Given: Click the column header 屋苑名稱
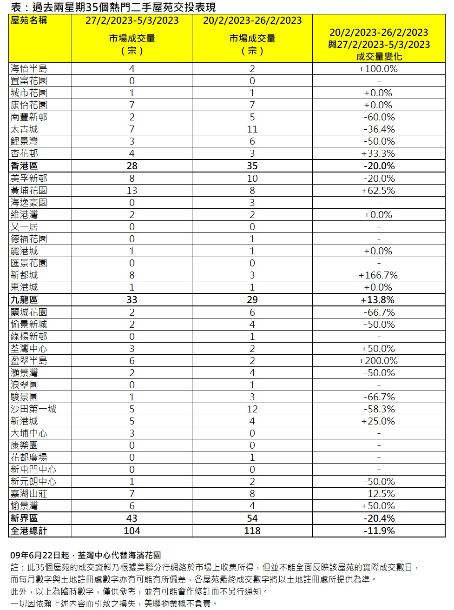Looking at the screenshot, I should pos(29,20).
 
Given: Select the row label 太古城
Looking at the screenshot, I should pos(24,129).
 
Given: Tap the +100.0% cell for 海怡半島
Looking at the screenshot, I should pos(378,69).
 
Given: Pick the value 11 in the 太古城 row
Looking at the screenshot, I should pos(252,129).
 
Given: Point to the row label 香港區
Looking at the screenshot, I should pos(24,166).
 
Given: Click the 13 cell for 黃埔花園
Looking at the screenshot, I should pos(132,191).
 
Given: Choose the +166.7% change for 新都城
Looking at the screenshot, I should pos(378,275).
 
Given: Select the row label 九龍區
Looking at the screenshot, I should pos(24,300).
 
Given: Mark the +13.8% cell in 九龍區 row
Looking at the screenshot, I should pos(378,300).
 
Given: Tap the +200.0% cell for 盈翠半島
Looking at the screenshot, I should pos(378,361).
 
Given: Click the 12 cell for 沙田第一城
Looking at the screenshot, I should pos(252,409).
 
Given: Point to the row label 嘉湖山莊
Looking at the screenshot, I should pos(29,494).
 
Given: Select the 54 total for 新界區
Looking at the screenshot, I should pos(252,518).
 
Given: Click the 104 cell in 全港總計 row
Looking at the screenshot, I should pos(132,531).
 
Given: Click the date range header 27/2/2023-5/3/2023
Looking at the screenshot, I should pos(132,20).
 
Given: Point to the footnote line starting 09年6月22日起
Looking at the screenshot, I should pos(86,555).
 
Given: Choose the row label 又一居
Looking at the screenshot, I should pos(24,227).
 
